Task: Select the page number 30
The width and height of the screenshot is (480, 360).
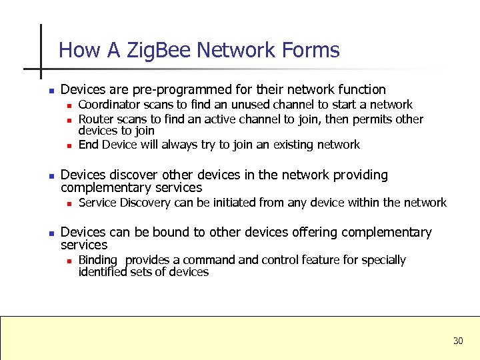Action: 457,341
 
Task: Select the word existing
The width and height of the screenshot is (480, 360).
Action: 294,145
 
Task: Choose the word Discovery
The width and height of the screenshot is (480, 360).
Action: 144,202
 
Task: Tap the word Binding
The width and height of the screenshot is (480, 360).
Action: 98,260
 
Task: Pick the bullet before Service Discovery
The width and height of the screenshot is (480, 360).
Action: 69,203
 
